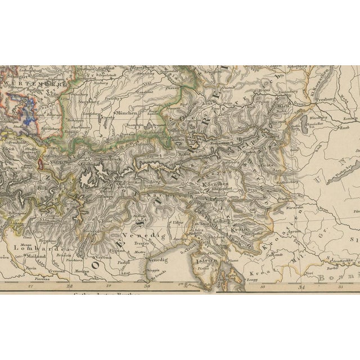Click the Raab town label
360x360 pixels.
coord(343,128)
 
